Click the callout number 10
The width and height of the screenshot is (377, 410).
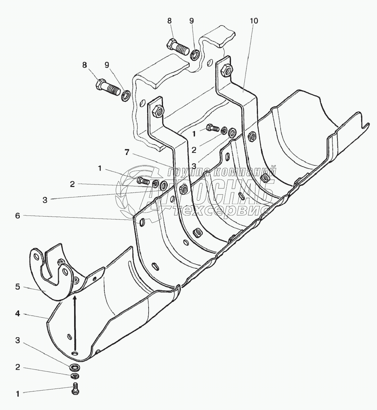254,21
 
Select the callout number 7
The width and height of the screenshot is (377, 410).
127,152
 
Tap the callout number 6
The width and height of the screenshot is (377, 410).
18,216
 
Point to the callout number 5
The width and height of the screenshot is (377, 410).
18,287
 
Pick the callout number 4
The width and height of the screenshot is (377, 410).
18,313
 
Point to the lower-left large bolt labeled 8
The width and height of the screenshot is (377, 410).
108,87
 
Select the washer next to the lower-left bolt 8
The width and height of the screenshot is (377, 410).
126,96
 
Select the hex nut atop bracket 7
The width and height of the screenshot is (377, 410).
158,110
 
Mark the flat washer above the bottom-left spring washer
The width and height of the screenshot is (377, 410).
75,368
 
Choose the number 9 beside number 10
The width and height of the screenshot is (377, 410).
191,21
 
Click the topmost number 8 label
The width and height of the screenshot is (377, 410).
169,21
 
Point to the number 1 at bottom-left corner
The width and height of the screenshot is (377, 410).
18,393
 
